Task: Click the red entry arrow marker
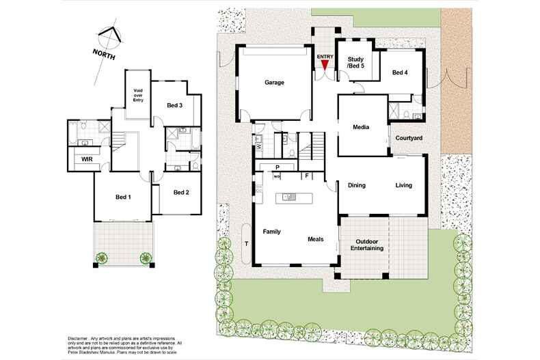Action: point(324,64)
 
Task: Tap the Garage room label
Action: point(274,83)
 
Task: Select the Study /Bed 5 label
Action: point(355,63)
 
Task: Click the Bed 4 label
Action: point(400,72)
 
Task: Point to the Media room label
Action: point(361,128)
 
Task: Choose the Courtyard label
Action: point(409,138)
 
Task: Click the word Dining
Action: point(357,185)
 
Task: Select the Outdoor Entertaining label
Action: point(367,245)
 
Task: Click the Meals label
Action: point(315,239)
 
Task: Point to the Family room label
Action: point(273,231)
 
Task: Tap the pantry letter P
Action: point(278,167)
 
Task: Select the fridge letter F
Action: point(307,176)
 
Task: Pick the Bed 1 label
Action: point(124,197)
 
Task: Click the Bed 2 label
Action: point(181,193)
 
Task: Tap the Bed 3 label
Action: point(174,105)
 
